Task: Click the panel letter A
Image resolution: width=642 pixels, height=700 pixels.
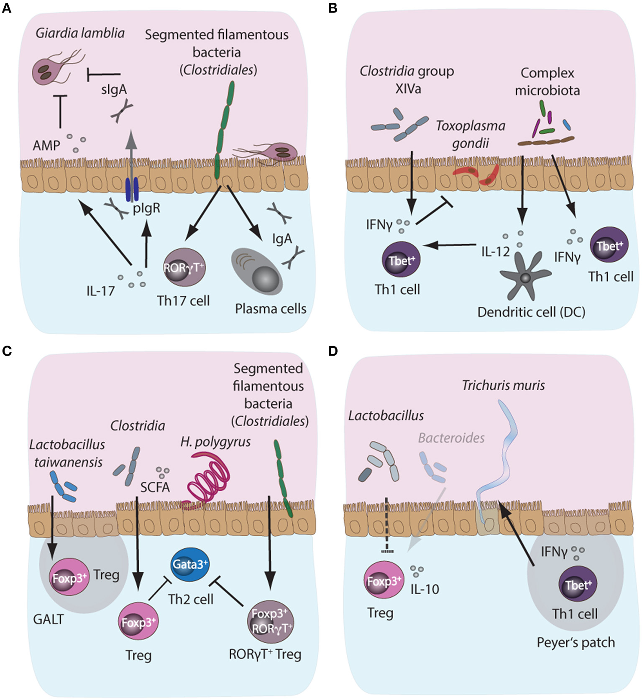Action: tap(6, 8)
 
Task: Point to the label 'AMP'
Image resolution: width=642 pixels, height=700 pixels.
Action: tap(46, 146)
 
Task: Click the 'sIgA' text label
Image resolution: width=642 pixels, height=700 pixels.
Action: tap(114, 89)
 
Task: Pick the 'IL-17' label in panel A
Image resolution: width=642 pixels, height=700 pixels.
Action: tap(100, 290)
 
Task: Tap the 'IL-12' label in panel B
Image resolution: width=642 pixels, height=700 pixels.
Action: tap(495, 252)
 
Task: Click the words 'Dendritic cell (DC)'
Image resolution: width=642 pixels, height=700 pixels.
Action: tap(531, 312)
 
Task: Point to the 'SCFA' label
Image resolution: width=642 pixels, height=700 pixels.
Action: tap(155, 487)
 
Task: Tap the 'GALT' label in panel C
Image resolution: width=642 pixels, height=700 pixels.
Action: tap(49, 619)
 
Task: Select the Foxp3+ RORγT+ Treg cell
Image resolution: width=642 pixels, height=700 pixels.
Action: tap(270, 621)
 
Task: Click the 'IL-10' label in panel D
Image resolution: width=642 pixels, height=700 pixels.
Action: tap(425, 589)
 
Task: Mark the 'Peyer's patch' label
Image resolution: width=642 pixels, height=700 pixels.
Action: tap(575, 642)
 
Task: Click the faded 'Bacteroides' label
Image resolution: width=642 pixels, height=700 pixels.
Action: tap(451, 438)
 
